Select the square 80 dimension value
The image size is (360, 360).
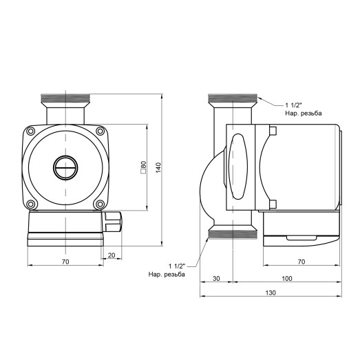tap(143, 167)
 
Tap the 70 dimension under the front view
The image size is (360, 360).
tap(65, 262)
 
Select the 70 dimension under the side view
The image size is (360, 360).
tap(301, 262)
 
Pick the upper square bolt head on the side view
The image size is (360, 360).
tap(273, 131)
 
